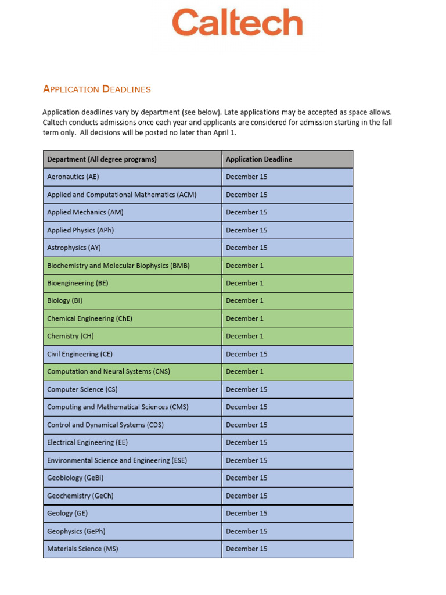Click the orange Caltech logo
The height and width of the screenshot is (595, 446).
tap(237, 23)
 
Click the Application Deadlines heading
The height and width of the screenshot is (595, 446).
tap(97, 89)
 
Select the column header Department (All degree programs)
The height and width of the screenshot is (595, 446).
tap(102, 159)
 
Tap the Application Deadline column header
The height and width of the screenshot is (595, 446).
tap(259, 159)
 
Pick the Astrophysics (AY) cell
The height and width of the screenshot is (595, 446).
tap(74, 248)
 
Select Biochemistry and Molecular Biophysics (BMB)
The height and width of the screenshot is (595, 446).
tap(118, 266)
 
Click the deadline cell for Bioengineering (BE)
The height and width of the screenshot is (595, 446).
tap(244, 283)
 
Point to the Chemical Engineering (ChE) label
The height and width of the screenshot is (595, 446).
tap(85, 318)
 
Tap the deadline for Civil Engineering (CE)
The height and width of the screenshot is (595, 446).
tap(246, 354)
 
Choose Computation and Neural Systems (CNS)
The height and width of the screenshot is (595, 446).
tap(109, 371)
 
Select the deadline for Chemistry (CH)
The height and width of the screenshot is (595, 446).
tap(244, 336)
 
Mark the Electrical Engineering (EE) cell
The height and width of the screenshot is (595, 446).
tap(87, 442)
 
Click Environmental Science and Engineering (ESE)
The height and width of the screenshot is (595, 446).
tap(117, 460)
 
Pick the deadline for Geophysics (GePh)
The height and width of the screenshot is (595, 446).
tap(246, 531)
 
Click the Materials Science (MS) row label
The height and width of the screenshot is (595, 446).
tap(82, 549)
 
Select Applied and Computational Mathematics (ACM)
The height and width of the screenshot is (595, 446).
tap(121, 195)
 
